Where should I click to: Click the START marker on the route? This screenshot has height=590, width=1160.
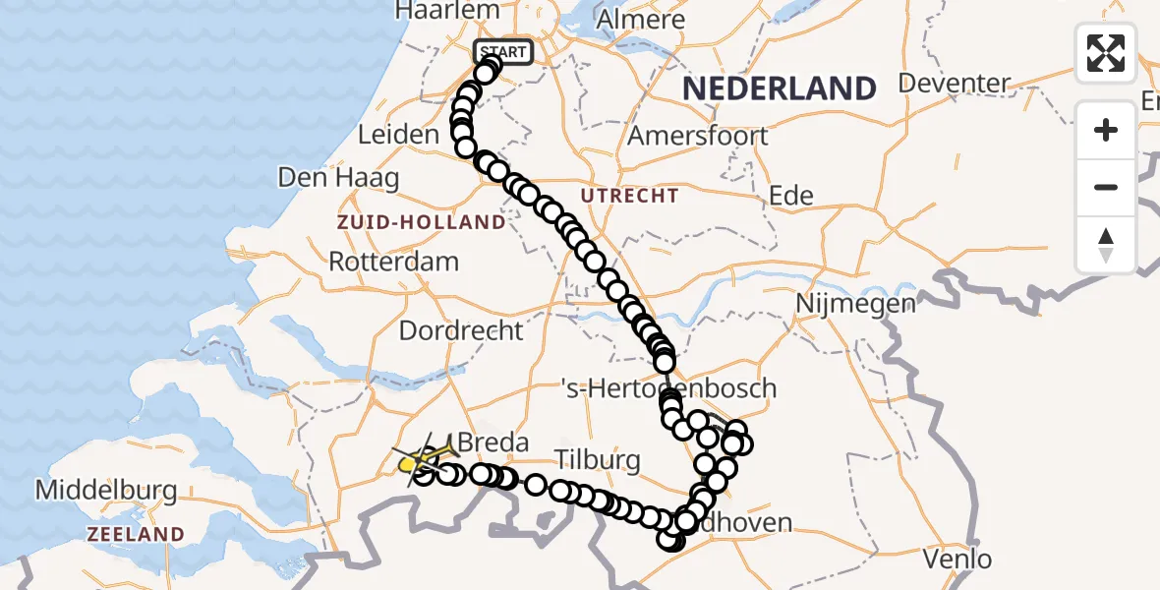point(503,52)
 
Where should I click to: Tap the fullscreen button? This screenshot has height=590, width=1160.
point(1106,53)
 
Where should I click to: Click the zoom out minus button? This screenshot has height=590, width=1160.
point(1106,187)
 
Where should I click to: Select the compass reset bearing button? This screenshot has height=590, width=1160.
point(1106,244)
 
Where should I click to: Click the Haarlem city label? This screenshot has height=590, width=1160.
point(435,11)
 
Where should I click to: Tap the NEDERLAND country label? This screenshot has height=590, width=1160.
point(779,89)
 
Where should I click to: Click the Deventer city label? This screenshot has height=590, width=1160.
point(955,83)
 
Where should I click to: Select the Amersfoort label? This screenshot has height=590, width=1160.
point(698,135)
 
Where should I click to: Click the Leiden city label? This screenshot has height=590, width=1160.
point(397,135)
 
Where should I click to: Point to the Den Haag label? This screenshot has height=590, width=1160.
point(338,178)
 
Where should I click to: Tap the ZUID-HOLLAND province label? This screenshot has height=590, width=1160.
point(421,222)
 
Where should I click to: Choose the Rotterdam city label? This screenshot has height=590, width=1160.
point(393,263)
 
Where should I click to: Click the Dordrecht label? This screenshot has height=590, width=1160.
point(461,329)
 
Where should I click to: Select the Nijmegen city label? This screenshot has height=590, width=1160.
point(854,303)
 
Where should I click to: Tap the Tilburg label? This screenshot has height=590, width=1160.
point(597,459)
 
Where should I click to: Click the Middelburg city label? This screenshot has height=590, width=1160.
point(105,489)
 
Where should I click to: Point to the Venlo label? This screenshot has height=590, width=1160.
point(957,559)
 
